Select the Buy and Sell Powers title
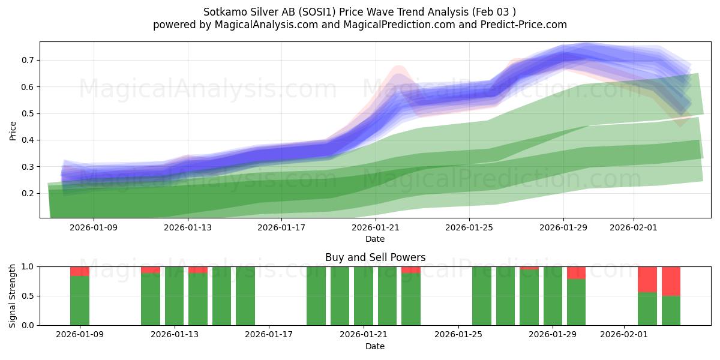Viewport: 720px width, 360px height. point(375,257)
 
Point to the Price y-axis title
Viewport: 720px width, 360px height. point(13,130)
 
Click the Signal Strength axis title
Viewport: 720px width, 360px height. point(13,295)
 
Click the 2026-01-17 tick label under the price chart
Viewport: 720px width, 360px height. point(282,227)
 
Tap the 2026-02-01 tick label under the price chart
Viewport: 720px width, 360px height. point(634,227)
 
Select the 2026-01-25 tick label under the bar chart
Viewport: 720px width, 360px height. point(458,334)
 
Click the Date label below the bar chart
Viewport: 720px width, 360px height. point(375,346)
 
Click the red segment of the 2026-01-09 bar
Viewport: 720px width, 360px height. point(80,271)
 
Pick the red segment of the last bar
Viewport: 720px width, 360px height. point(671,281)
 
